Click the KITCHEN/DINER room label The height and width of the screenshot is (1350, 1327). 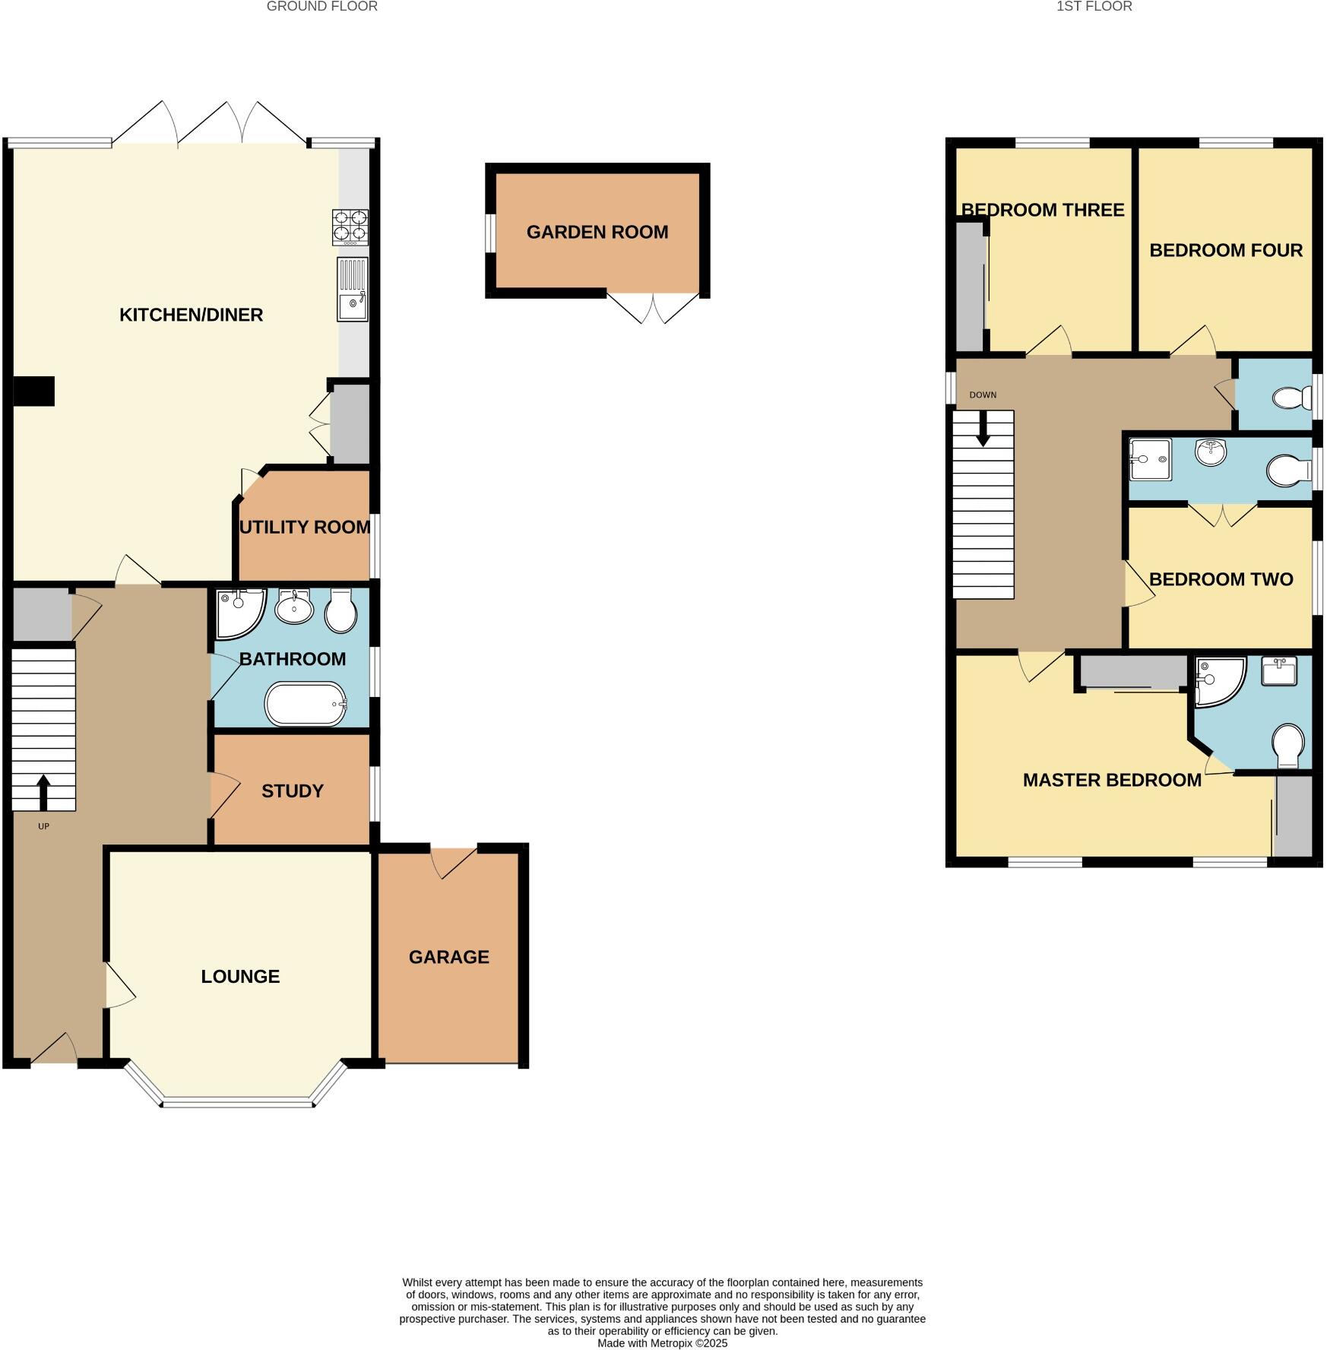coord(191,315)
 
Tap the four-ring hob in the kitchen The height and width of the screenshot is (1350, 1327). coord(350,227)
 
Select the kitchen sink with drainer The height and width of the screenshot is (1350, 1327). coord(353,290)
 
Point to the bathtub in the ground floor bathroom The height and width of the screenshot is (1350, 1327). coord(306,705)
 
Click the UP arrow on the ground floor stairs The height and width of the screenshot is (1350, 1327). coord(43,792)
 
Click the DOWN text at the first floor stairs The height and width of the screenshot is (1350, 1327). coord(983,395)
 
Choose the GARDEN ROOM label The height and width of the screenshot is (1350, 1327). coord(597,233)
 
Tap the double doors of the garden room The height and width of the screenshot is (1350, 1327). coord(653,309)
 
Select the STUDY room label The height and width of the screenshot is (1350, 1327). coord(293,791)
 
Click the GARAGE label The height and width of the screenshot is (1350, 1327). coord(448,957)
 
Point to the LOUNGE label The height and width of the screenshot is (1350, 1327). coord(240,977)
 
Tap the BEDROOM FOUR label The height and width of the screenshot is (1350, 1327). coord(1226,251)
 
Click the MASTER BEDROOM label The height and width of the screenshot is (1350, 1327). coord(1112,780)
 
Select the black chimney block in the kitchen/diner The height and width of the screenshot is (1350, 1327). coord(34,391)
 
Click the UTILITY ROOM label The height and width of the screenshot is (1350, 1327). coord(305,527)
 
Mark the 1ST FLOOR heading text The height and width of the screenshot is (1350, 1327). coord(1094,7)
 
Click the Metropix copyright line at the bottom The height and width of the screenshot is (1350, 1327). coord(662,1343)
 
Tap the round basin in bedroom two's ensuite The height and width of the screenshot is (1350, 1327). coord(1210,452)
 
